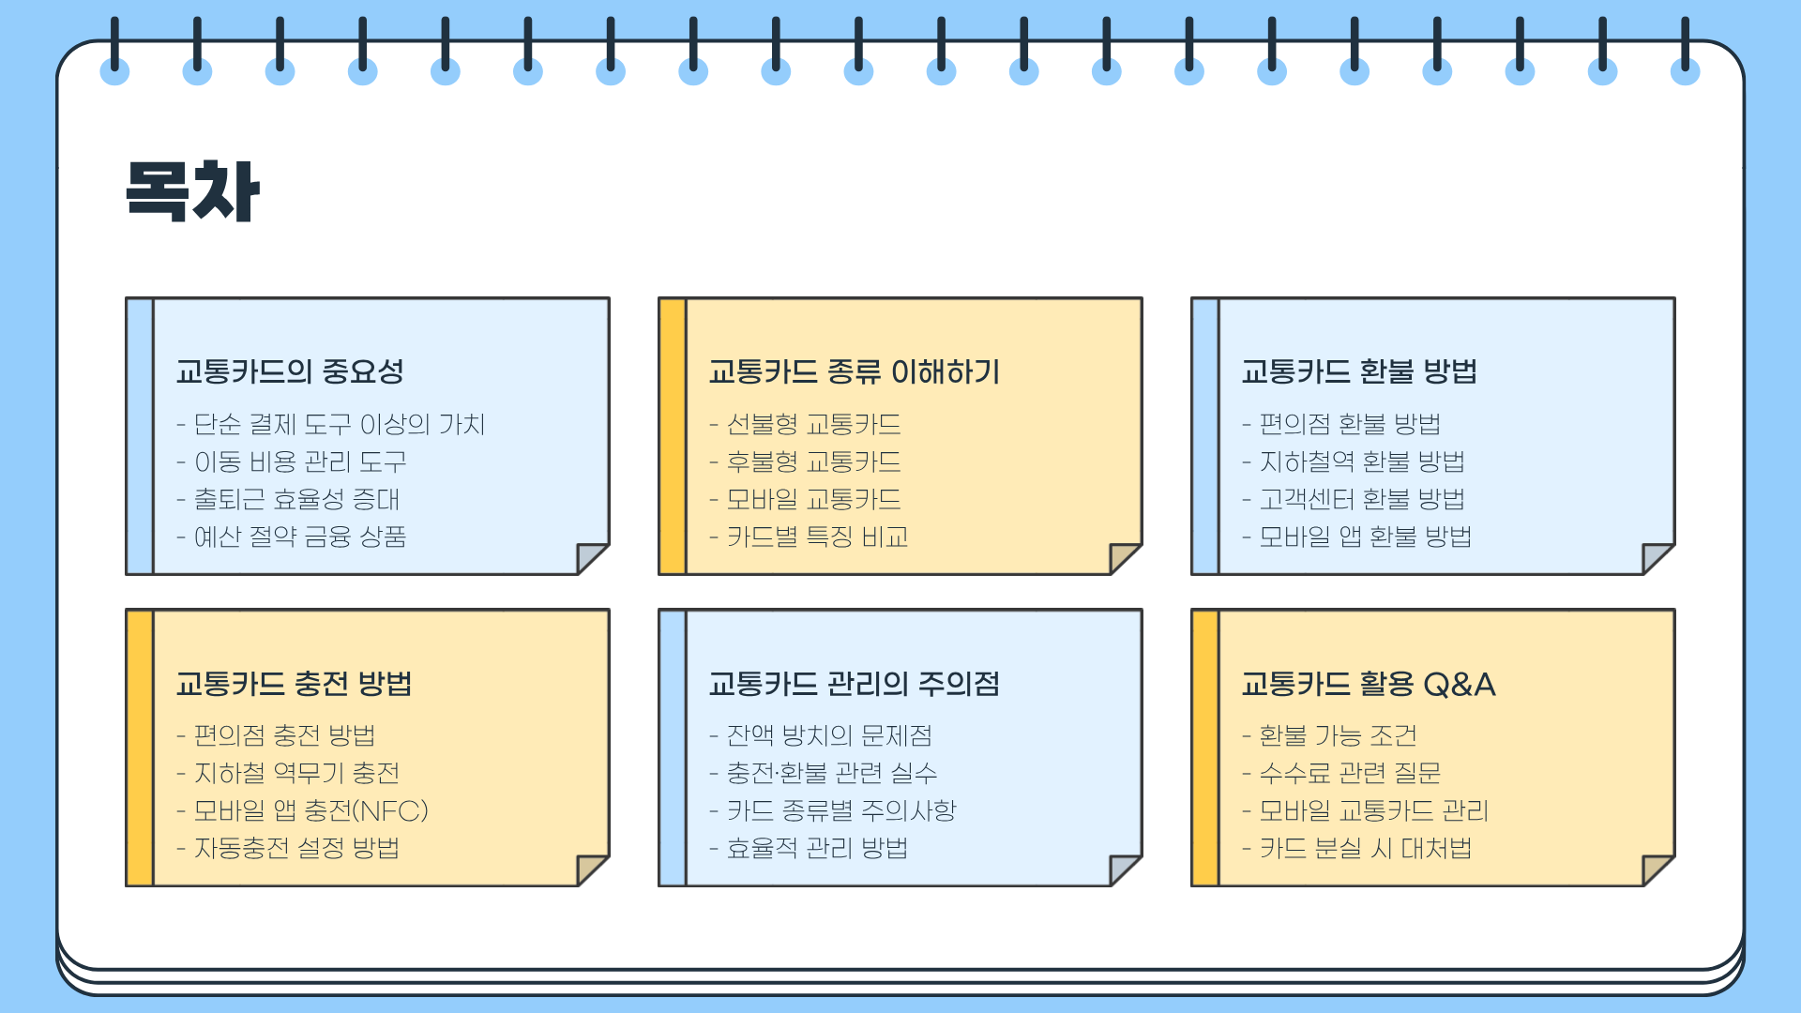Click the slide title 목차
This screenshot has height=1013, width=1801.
pos(192,191)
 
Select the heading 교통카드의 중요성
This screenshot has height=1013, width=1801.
pos(290,371)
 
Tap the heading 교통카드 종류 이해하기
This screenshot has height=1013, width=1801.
pos(854,371)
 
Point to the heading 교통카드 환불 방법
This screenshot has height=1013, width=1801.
pos(1358,371)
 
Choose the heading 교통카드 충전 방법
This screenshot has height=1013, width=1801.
pos(294,683)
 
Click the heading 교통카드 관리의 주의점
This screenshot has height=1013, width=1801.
pos(854,683)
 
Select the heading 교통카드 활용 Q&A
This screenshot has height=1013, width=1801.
pos(1368,683)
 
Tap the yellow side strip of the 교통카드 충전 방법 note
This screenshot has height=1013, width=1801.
pos(140,748)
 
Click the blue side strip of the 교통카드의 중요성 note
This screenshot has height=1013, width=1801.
pos(140,436)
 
